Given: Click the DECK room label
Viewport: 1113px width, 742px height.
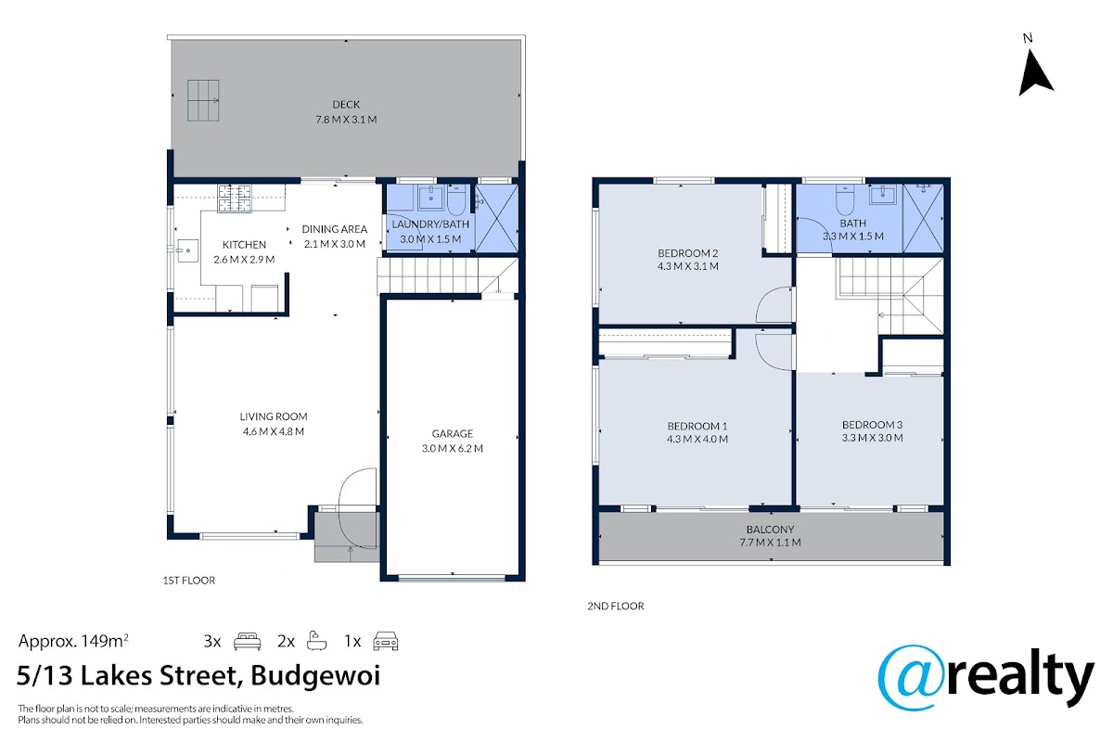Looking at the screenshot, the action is coord(346,105).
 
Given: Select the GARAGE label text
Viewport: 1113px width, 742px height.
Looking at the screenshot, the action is coord(453,433).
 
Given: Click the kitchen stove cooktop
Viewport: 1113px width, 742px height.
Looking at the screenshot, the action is coord(235,198).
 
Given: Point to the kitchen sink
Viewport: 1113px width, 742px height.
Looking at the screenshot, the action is coord(187,251).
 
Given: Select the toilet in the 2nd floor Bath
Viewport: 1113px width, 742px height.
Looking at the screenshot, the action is coord(845,198).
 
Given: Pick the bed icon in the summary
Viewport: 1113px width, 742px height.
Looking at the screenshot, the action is coord(247,641).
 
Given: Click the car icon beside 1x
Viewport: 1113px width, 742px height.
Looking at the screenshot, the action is coord(386,641).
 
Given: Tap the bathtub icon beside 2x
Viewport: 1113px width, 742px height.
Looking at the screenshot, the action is coord(316,641).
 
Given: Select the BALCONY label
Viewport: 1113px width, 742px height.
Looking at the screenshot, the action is coord(770,530).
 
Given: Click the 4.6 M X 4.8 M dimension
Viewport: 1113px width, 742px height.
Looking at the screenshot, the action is coord(274,431).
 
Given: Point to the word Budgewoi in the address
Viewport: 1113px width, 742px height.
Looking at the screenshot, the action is coord(315,676).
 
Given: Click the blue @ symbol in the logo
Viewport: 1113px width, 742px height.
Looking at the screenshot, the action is coord(912,678).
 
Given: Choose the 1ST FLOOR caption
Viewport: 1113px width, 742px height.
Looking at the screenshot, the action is coord(189,581).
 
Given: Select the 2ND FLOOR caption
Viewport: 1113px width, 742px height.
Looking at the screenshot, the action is coord(616,606).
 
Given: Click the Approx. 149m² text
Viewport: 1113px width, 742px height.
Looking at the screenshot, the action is coord(73,641).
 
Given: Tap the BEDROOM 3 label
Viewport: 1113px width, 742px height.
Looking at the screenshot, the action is coord(872,425).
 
